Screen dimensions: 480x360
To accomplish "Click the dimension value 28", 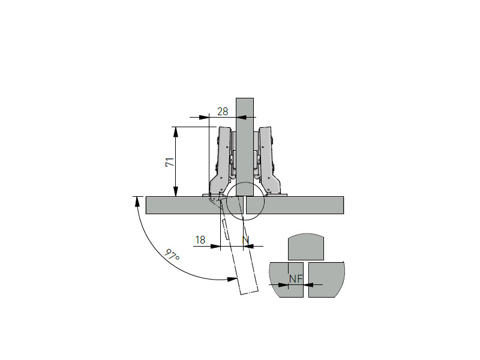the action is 223,112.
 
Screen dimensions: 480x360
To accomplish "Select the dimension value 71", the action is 170,162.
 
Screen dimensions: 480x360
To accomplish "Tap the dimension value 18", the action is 200,239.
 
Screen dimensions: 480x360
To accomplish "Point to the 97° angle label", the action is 172,255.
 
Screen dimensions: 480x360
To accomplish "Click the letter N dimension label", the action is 246,241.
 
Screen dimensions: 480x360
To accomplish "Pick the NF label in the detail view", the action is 296,279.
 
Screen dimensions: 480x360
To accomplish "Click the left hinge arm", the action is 220,162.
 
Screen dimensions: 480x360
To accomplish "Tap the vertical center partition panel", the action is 245,147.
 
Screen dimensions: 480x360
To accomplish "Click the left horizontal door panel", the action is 194,205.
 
